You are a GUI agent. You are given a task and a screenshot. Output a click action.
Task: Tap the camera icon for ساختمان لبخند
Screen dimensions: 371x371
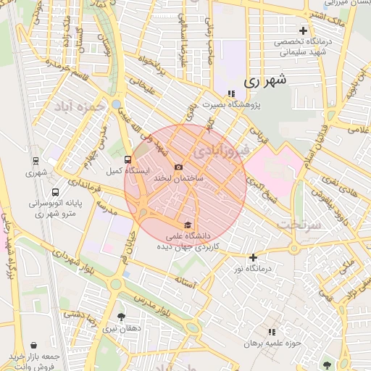[x=179, y=167]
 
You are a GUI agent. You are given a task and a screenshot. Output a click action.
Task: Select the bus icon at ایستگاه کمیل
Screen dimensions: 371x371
[x=128, y=160]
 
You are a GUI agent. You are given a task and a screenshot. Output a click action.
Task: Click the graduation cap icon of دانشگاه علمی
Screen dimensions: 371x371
[x=188, y=225]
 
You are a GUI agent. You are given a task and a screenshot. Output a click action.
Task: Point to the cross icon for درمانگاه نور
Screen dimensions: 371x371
[x=253, y=257]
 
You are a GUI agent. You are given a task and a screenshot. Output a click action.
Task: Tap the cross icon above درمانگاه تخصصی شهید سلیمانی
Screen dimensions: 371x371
[x=303, y=30]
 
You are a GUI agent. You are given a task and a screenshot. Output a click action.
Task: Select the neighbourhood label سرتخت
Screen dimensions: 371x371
[x=297, y=224]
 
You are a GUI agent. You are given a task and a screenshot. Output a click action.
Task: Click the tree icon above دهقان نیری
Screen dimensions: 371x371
[x=120, y=317]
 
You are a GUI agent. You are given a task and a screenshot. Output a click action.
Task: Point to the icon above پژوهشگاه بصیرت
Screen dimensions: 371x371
[x=230, y=93]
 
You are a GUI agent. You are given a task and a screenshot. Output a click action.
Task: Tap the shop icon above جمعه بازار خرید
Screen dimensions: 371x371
[x=32, y=346]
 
